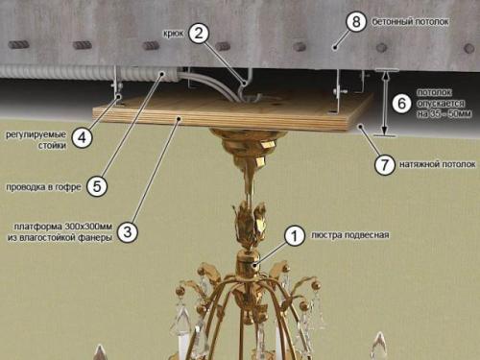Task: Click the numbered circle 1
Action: (x=295, y=236)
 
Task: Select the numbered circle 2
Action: (x=199, y=34)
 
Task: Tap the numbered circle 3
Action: (x=128, y=231)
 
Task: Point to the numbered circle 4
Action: (x=82, y=137)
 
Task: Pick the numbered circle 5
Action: (x=97, y=186)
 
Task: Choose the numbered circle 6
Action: (x=401, y=104)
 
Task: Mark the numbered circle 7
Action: (x=385, y=164)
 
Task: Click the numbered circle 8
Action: (x=356, y=22)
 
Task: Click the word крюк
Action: (x=173, y=34)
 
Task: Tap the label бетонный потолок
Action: (x=410, y=22)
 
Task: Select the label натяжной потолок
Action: (x=437, y=164)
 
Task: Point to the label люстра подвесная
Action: (x=350, y=235)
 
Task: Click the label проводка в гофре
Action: (x=44, y=187)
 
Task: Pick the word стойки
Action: (x=52, y=146)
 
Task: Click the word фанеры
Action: (x=96, y=238)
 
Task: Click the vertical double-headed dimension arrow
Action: (x=385, y=103)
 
